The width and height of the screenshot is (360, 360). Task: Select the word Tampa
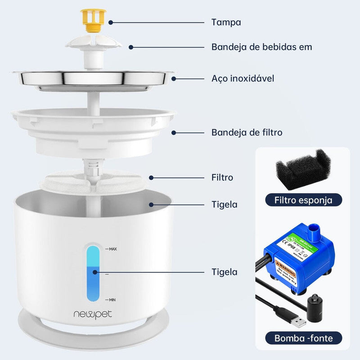tap(226, 22)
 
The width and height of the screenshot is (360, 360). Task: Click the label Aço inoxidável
tap(243, 79)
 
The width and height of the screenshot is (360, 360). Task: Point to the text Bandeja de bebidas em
tap(261, 47)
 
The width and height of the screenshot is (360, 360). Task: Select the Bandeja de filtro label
tap(247, 132)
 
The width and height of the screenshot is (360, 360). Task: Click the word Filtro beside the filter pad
tap(222, 177)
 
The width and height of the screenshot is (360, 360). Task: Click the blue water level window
tap(92, 272)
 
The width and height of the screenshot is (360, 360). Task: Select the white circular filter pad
tap(93, 182)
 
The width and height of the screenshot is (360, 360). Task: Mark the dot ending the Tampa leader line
tap(110, 22)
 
